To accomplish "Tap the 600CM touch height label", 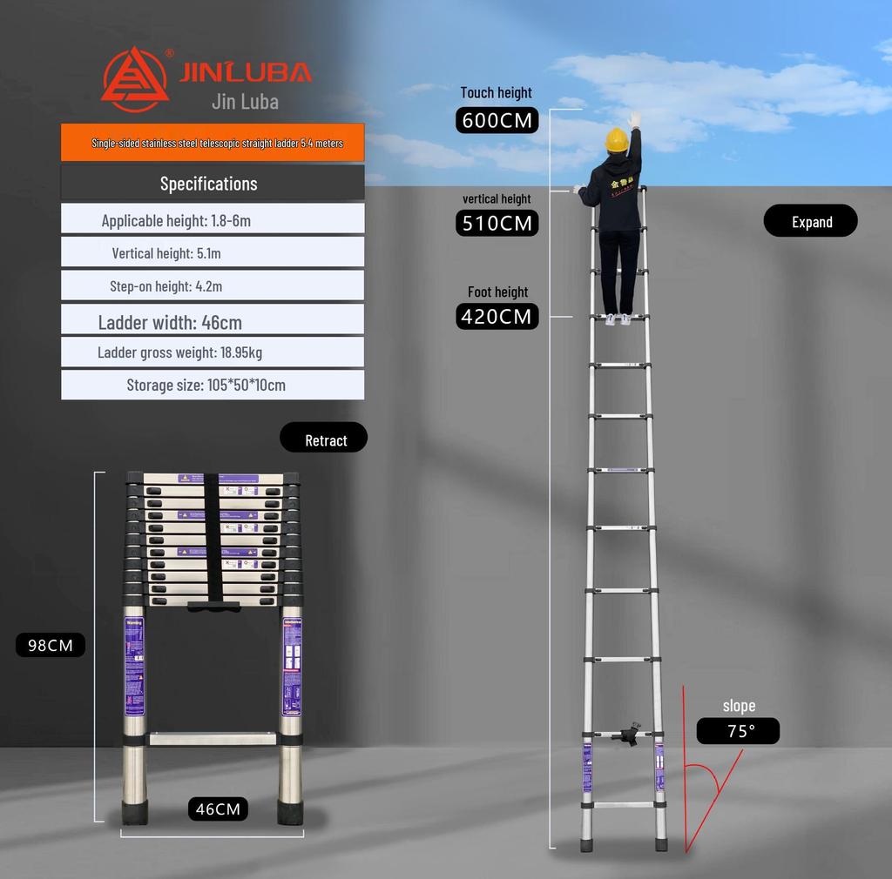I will coord(497,120).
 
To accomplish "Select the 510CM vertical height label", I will coord(497,223).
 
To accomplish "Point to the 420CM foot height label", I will coord(497,316).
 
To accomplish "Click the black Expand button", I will coord(811,222).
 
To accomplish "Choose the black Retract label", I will coord(324,439).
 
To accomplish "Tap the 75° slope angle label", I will coord(739,731).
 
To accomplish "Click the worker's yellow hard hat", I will coord(618,138).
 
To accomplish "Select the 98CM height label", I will coord(51,645).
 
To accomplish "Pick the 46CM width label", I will coord(218,809).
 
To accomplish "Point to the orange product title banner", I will coord(213,143).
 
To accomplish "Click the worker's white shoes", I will coord(618,319).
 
